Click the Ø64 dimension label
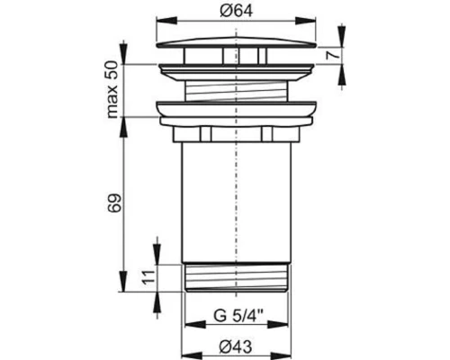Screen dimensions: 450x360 (236, 11)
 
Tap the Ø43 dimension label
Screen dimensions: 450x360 (236, 347)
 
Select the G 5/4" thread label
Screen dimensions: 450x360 (238, 315)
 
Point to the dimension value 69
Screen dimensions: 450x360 (114, 203)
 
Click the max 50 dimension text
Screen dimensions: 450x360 (113, 89)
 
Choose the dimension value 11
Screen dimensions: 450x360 (148, 276)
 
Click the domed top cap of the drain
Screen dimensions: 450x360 (236, 42)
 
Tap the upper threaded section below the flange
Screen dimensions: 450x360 (236, 91)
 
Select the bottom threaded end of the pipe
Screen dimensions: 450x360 (236, 277)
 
